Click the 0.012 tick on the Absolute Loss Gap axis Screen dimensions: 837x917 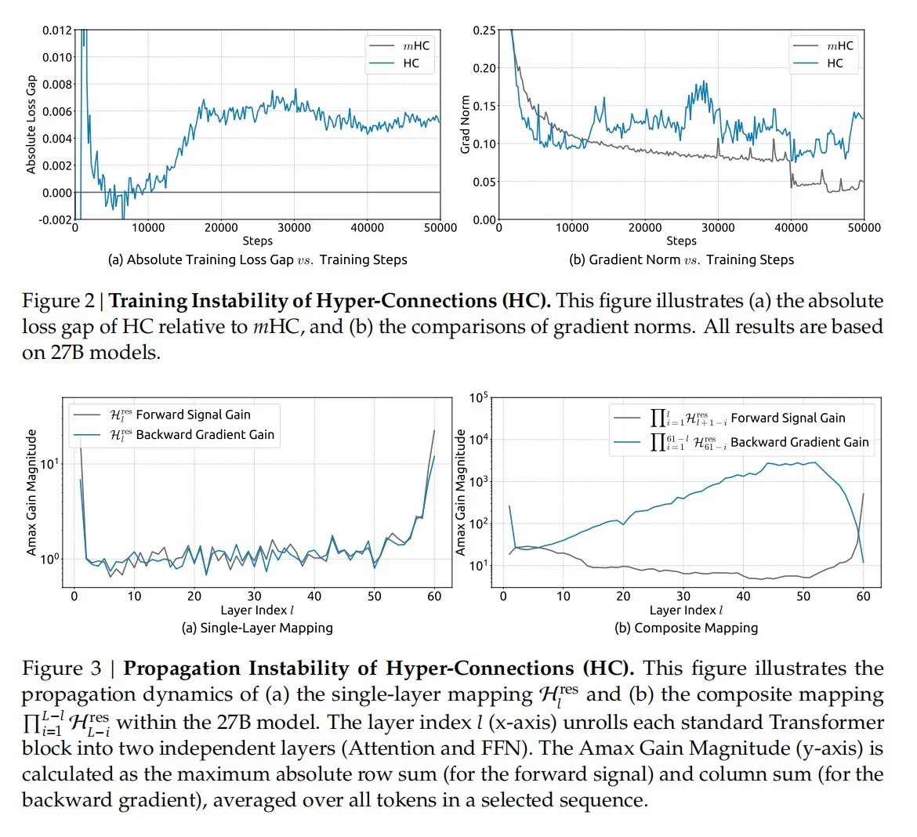point(57,31)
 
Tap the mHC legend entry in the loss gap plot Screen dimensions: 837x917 point(416,45)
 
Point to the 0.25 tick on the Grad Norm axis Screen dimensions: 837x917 point(484,31)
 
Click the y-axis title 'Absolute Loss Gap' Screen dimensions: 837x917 point(31,125)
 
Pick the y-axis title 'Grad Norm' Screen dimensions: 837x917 point(465,125)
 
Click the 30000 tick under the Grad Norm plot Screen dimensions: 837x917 point(717,227)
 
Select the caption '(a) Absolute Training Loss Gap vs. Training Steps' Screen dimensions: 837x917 point(257,259)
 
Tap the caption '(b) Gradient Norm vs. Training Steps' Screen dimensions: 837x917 point(681,259)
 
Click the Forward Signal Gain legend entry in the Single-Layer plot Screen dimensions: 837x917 point(193,415)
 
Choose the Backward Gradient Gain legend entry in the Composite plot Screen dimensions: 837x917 point(799,442)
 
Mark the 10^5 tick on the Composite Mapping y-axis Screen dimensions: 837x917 point(479,398)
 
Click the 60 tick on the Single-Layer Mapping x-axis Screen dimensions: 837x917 point(434,596)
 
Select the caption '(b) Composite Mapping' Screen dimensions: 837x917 point(686,628)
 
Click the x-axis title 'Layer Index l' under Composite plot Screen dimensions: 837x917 point(686,610)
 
